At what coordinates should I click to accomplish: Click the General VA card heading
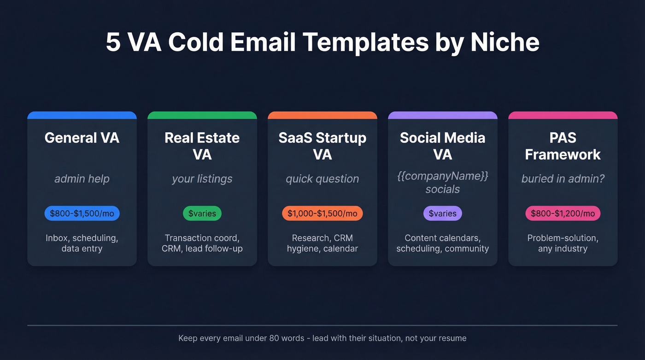pyautogui.click(x=82, y=138)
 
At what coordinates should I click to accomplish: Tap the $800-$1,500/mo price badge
pyautogui.click(x=82, y=213)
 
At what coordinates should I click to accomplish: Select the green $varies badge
pyautogui.click(x=202, y=213)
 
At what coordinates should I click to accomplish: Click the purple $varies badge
pyautogui.click(x=443, y=213)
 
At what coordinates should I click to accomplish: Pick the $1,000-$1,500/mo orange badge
pyautogui.click(x=322, y=213)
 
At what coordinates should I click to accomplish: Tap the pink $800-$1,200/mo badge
pyautogui.click(x=563, y=213)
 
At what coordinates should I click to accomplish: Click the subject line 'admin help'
pyautogui.click(x=82, y=179)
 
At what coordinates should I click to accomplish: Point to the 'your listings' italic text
pyautogui.click(x=202, y=179)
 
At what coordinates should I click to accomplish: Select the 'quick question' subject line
pyautogui.click(x=322, y=179)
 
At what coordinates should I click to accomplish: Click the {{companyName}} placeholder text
pyautogui.click(x=443, y=176)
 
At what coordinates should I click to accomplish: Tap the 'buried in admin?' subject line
pyautogui.click(x=563, y=179)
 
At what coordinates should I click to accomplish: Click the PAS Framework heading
pyautogui.click(x=563, y=146)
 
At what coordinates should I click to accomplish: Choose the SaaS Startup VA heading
pyautogui.click(x=322, y=146)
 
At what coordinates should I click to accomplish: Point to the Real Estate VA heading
pyautogui.click(x=202, y=146)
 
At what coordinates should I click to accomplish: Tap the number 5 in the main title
pyautogui.click(x=112, y=42)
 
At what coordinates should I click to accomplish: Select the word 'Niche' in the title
pyautogui.click(x=505, y=42)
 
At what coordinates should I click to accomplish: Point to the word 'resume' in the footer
pyautogui.click(x=452, y=338)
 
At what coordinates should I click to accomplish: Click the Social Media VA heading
pyautogui.click(x=443, y=146)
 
